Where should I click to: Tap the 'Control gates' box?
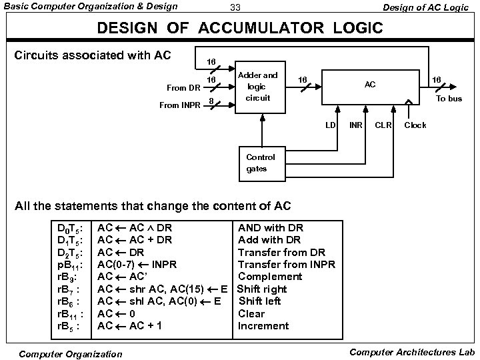pyautogui.click(x=256, y=164)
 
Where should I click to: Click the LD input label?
pyautogui.click(x=331, y=125)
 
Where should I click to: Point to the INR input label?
pyautogui.click(x=355, y=125)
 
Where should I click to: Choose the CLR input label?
pyautogui.click(x=384, y=125)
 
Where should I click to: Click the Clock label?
pyautogui.click(x=417, y=125)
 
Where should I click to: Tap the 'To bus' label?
pyautogui.click(x=449, y=98)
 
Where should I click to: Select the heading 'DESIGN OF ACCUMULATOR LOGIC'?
pyautogui.click(x=240, y=29)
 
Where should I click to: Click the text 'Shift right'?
pyautogui.click(x=262, y=289)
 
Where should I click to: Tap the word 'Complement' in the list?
pyautogui.click(x=270, y=277)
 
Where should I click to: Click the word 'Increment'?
pyautogui.click(x=263, y=326)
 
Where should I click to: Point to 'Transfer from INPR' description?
pyautogui.click(x=286, y=264)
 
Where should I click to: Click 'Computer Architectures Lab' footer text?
pyautogui.click(x=412, y=351)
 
